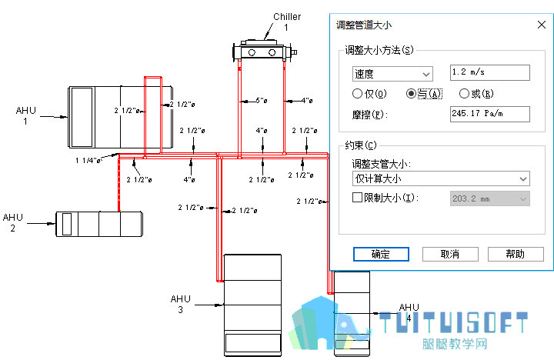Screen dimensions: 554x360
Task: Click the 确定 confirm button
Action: (x=381, y=254)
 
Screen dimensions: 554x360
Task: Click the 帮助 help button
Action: (x=516, y=254)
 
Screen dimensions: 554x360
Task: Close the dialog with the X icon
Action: (x=541, y=25)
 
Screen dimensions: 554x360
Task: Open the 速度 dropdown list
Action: (x=392, y=74)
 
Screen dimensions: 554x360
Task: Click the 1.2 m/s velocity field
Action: (x=489, y=73)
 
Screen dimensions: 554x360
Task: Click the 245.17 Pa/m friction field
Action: (x=489, y=114)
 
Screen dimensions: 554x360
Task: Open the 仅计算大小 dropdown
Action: (x=441, y=178)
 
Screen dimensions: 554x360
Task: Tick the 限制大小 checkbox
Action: (x=357, y=197)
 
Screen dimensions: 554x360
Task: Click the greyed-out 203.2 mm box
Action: (x=489, y=198)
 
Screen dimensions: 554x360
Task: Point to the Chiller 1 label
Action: (x=287, y=22)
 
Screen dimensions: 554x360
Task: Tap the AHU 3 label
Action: (x=181, y=304)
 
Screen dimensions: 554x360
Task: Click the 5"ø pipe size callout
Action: (x=262, y=101)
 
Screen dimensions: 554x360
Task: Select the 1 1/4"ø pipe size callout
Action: (x=88, y=161)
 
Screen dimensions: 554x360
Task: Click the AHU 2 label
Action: (x=13, y=222)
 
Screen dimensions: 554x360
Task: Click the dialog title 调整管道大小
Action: (x=363, y=25)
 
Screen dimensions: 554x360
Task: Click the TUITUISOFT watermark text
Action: (x=453, y=322)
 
